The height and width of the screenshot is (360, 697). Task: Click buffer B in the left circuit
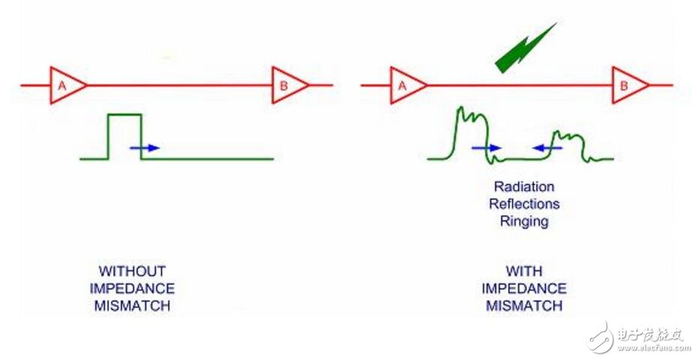287,85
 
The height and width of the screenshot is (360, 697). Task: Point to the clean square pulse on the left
125,135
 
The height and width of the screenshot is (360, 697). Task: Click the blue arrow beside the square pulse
145,148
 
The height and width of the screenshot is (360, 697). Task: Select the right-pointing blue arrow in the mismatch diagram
486,148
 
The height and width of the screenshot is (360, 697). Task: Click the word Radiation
524,187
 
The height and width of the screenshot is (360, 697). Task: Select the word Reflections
524,204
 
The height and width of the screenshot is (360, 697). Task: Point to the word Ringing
524,221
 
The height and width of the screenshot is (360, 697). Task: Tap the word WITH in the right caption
524,271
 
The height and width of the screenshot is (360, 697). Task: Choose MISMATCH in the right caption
524,305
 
